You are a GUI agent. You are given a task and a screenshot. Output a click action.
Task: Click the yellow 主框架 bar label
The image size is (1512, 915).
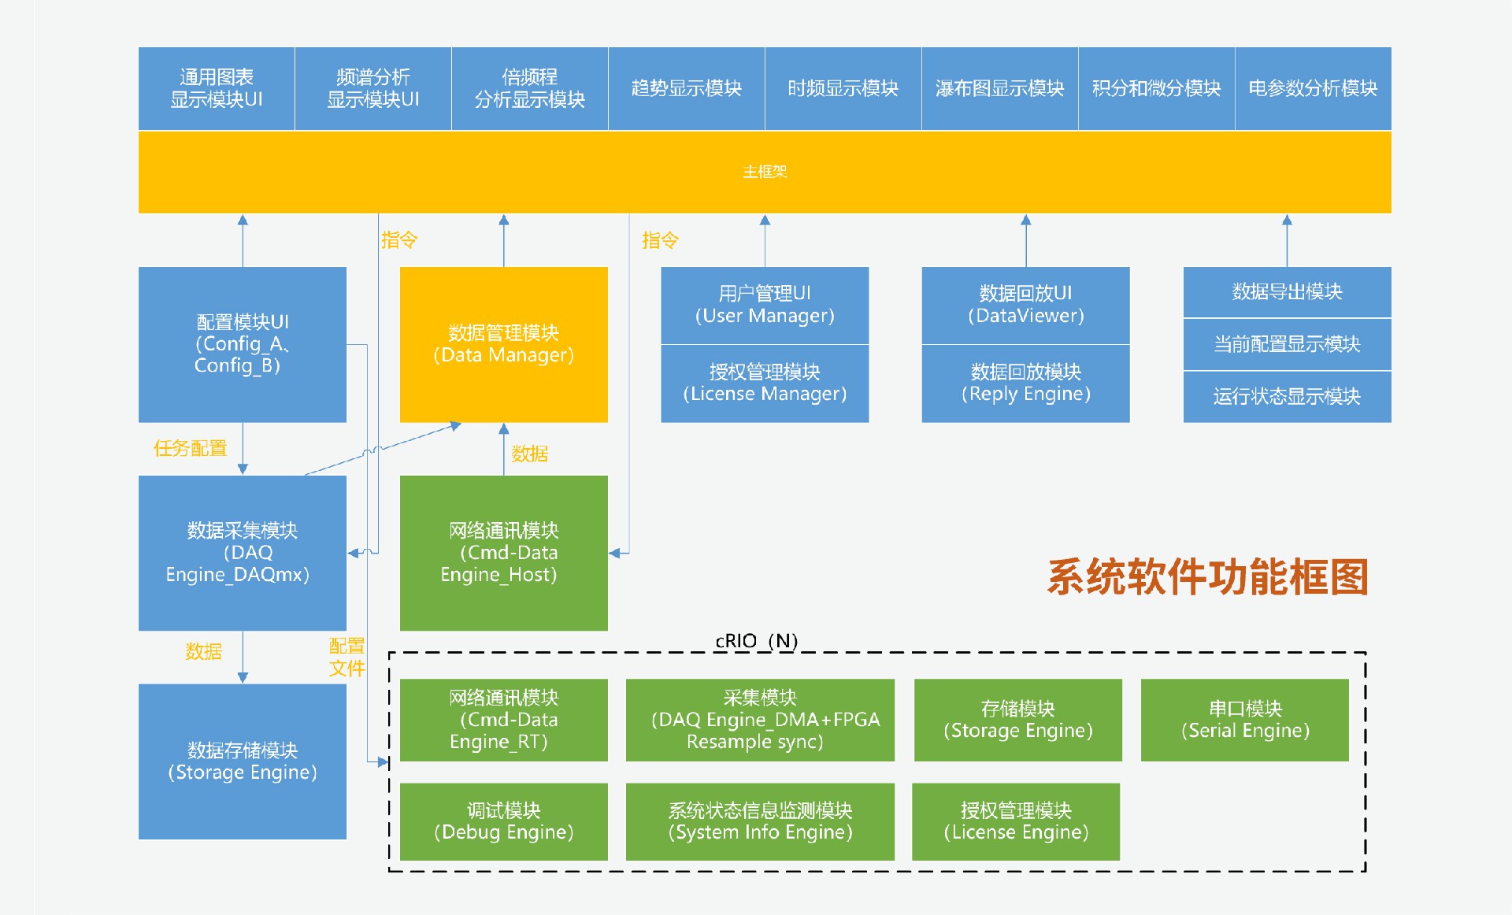[765, 172]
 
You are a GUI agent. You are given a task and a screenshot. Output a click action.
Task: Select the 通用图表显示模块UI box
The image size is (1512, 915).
[217, 88]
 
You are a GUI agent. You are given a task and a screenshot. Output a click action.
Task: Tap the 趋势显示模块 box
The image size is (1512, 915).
[686, 88]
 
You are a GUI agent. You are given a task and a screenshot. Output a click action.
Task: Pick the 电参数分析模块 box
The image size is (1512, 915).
[1313, 88]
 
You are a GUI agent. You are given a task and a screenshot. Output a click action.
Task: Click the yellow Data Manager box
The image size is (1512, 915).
[503, 344]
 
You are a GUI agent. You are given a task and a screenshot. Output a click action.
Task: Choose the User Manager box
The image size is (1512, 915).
[765, 305]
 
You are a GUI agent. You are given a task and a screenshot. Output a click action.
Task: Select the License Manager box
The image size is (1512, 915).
[765, 383]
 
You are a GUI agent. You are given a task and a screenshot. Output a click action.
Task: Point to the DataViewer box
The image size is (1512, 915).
[1025, 305]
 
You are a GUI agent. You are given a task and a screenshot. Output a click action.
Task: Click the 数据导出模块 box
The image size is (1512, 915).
[1287, 292]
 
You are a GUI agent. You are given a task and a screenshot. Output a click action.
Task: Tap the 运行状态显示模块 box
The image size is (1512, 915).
[1287, 396]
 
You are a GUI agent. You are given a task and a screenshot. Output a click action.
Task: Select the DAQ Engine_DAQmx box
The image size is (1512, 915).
[242, 553]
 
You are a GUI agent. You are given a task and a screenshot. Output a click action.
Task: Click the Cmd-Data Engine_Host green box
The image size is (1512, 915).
[503, 553]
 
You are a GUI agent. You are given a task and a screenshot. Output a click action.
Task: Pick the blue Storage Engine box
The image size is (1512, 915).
[242, 761]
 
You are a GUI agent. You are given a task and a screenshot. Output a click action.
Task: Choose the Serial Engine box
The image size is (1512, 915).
[1244, 720]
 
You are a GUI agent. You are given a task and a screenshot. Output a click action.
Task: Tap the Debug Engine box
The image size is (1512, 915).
[503, 821]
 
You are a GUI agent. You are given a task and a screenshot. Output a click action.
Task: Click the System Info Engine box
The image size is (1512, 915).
[760, 821]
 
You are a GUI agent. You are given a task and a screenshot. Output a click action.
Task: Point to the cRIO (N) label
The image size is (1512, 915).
[756, 641]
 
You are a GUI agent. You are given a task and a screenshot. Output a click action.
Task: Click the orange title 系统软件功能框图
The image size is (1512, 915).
[1207, 576]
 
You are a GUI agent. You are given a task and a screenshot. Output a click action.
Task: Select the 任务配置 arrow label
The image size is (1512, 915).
[190, 448]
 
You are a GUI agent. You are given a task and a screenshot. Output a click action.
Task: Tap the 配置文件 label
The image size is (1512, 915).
[346, 658]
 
